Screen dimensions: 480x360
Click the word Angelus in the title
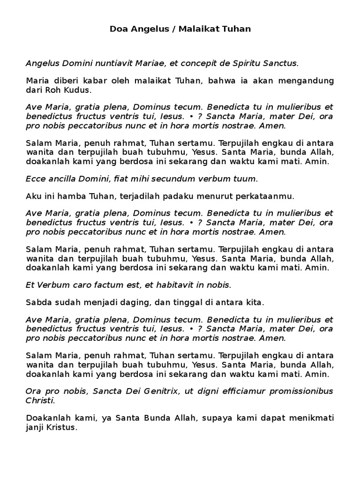143,29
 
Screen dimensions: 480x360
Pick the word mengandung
307,81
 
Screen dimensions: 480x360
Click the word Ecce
34,179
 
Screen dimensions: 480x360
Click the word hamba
68,196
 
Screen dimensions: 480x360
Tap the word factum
109,285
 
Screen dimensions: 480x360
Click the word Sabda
37,303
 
